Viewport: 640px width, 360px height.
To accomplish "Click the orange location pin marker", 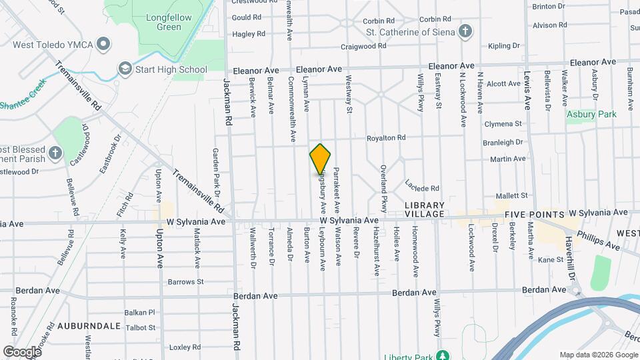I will [x=320, y=159].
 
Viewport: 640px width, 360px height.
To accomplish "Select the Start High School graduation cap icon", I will [x=125, y=69].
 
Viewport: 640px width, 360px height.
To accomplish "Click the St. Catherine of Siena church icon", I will [x=465, y=31].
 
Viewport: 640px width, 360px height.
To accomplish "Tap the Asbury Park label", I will [x=591, y=114].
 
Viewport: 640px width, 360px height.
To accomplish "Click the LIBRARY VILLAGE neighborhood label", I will [x=424, y=209].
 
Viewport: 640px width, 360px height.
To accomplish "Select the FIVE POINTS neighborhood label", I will [x=533, y=215].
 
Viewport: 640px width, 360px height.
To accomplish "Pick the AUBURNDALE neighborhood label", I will [x=89, y=326].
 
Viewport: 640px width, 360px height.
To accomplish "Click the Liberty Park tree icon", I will [x=441, y=353].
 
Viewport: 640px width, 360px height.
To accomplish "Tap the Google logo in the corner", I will [x=22, y=351].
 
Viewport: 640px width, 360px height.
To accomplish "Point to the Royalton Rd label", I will [x=386, y=138].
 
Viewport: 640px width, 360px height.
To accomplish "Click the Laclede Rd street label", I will [x=423, y=188].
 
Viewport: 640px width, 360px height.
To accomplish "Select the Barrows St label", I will [x=186, y=282].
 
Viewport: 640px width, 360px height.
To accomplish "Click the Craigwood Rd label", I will [x=363, y=47].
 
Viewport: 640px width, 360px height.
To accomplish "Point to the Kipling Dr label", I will [x=503, y=46].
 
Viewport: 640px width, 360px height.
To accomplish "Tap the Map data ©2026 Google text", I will [x=598, y=355].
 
